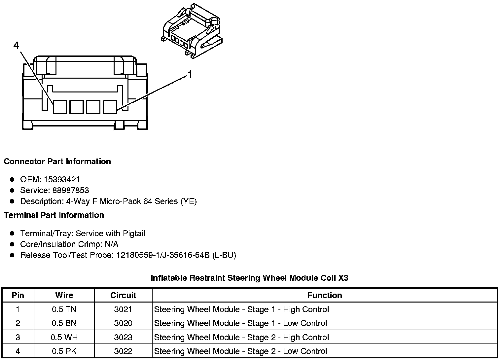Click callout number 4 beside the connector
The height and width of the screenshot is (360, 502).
point(17,46)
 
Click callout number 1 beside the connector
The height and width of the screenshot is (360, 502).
point(190,75)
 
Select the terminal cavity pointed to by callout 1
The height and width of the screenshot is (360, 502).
point(110,107)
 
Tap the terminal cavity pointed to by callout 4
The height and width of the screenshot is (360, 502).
point(60,107)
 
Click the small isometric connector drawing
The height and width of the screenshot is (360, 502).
point(192,32)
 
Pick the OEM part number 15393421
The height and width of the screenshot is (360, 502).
point(62,180)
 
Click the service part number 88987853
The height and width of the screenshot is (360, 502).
point(71,191)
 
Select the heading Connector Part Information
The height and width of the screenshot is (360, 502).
point(57,162)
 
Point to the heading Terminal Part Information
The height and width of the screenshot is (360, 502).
point(54,215)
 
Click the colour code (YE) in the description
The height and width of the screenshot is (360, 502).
point(189,201)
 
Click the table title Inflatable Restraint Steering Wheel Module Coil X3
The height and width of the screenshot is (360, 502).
point(249,278)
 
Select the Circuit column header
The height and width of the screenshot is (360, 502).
point(123,295)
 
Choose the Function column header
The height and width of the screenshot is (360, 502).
point(324,295)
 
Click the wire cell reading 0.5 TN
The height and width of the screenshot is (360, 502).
point(64,309)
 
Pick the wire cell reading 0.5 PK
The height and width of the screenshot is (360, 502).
point(64,351)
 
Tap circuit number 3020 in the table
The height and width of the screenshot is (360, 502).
point(123,323)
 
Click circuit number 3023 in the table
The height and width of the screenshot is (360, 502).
point(123,337)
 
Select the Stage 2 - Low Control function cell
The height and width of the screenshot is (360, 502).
point(240,351)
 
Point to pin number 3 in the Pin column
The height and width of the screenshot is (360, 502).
point(18,337)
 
